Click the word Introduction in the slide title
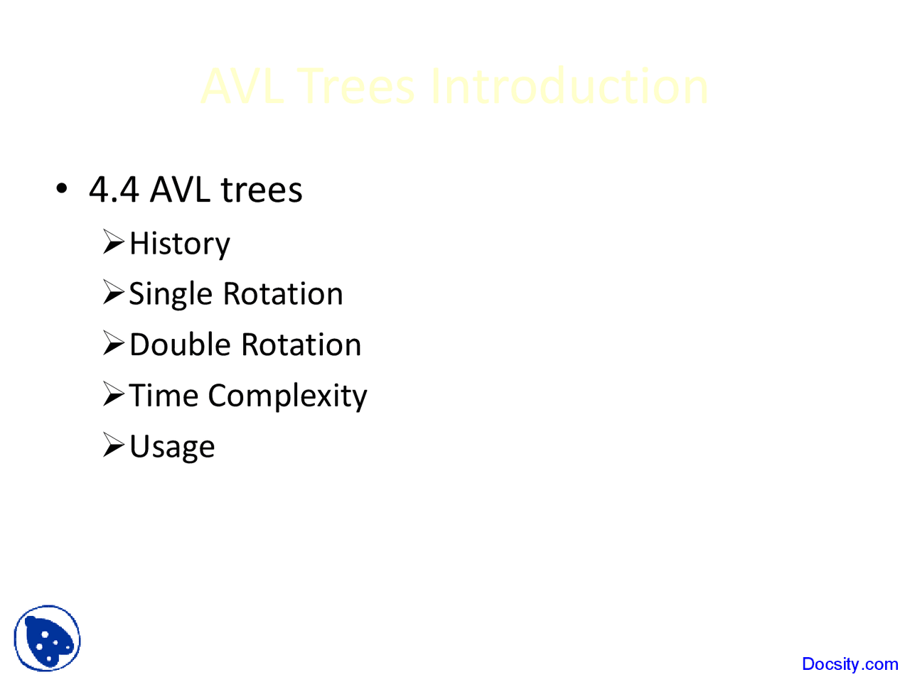pyautogui.click(x=569, y=87)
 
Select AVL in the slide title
pyautogui.click(x=242, y=87)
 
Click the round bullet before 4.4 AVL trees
pyautogui.click(x=62, y=189)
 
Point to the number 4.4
pyautogui.click(x=114, y=190)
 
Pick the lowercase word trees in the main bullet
pyautogui.click(x=262, y=190)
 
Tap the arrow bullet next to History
pyautogui.click(x=113, y=242)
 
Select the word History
pyautogui.click(x=180, y=244)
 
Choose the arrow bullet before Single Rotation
pyautogui.click(x=113, y=293)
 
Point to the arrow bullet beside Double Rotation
pyautogui.click(x=113, y=344)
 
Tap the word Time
pyautogui.click(x=163, y=395)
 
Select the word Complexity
pyautogui.click(x=287, y=396)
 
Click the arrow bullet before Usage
pyautogui.click(x=113, y=445)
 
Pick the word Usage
pyautogui.click(x=172, y=447)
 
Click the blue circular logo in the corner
pyautogui.click(x=47, y=638)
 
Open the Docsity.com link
pyautogui.click(x=850, y=664)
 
